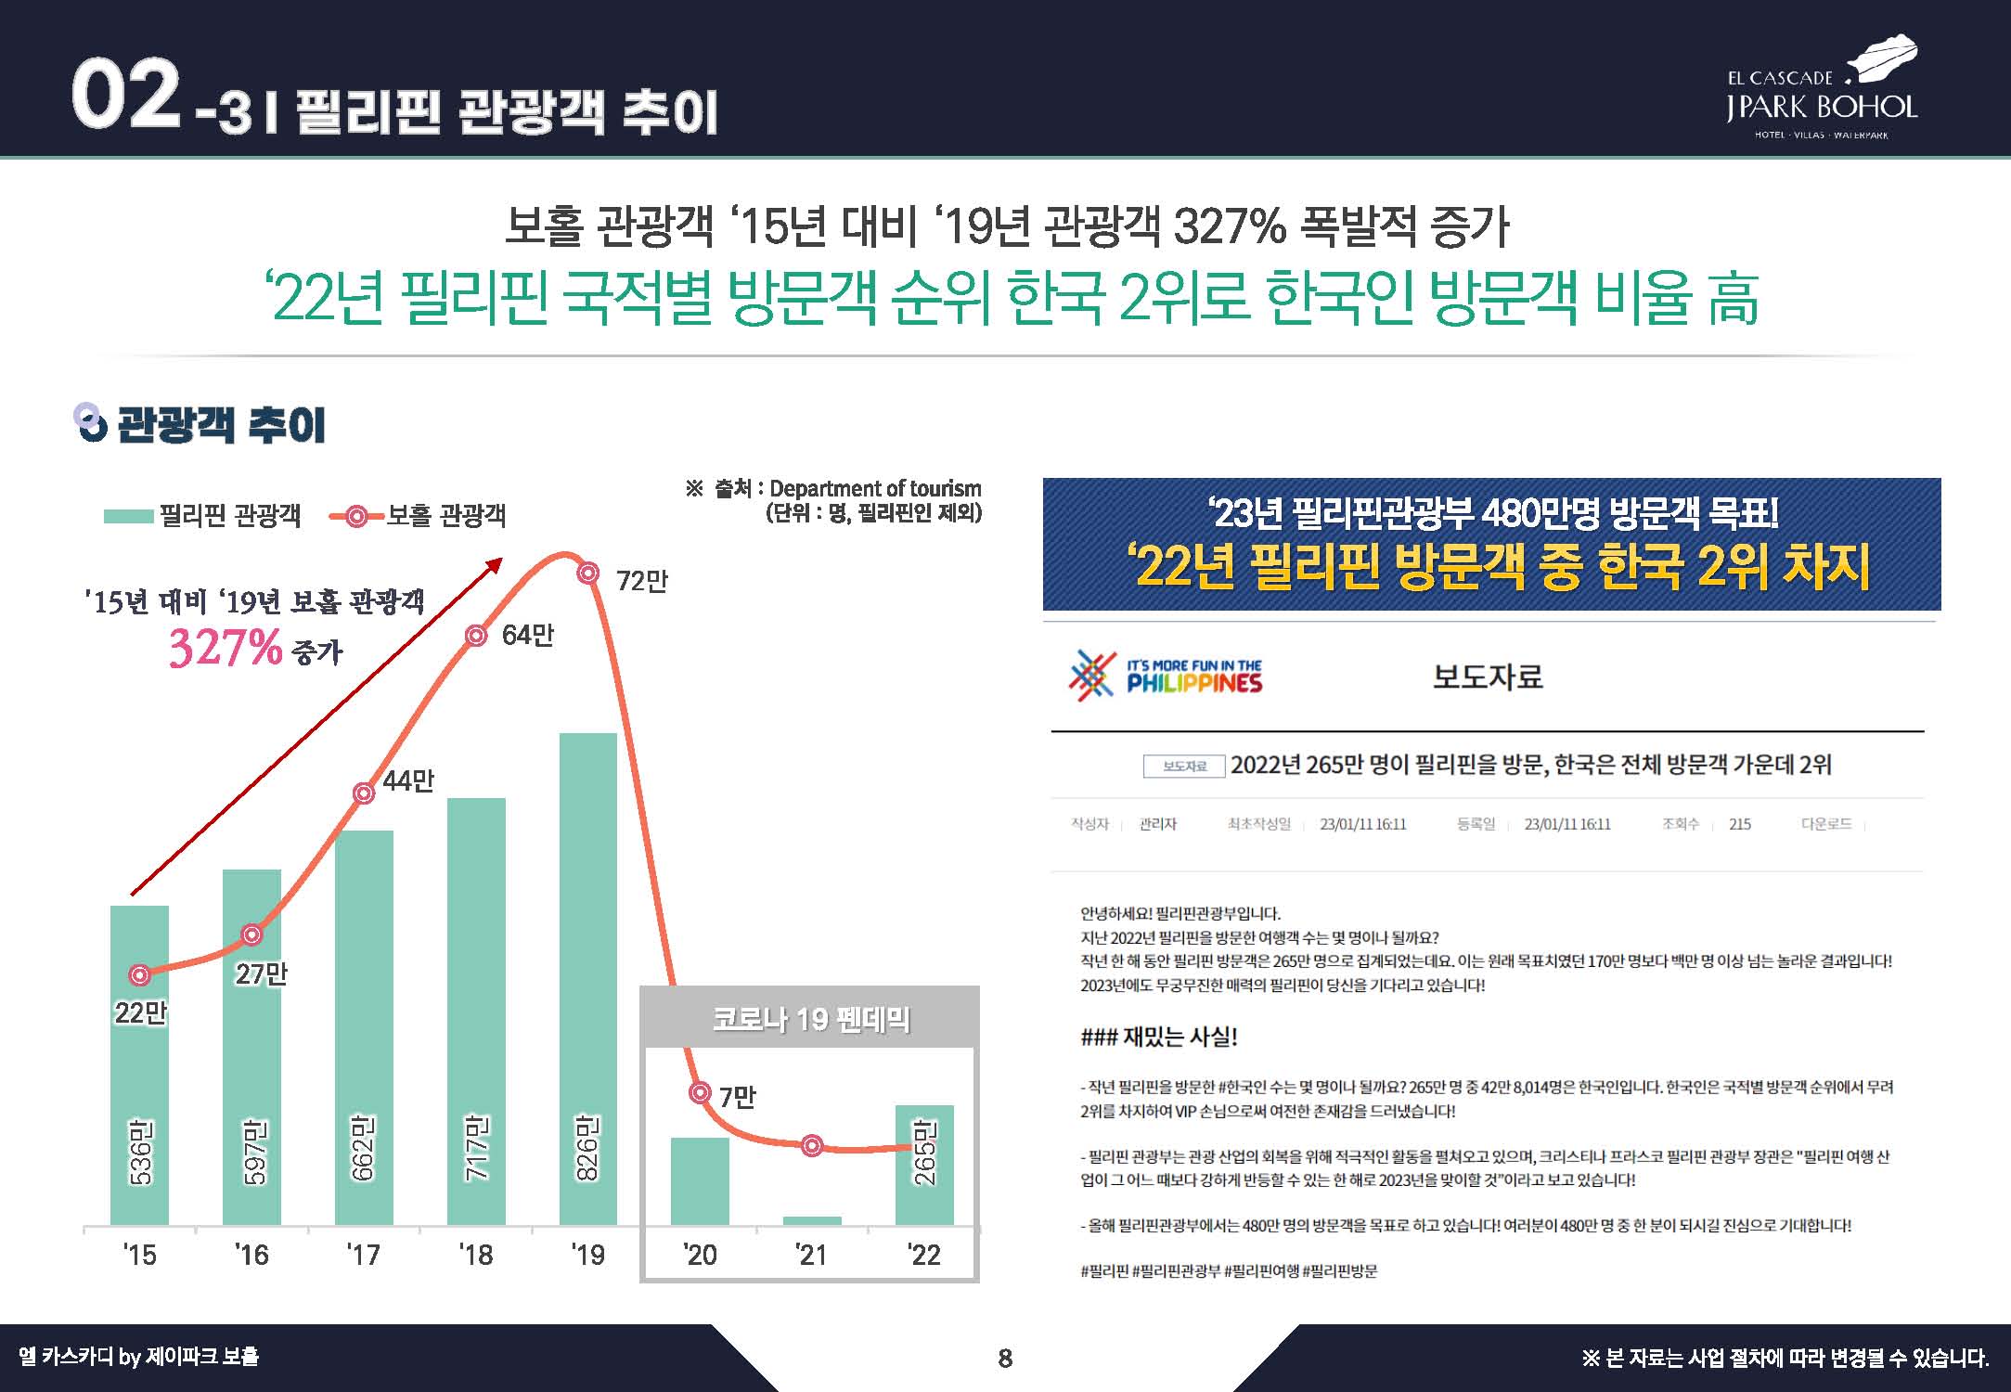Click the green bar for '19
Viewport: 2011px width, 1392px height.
tap(587, 974)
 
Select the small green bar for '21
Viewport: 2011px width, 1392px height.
tap(812, 1220)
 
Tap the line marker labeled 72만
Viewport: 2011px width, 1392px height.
tap(587, 574)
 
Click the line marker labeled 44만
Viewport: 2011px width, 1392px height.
tap(365, 793)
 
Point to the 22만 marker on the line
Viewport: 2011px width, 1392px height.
tap(139, 975)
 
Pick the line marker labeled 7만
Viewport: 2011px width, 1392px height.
tap(701, 1093)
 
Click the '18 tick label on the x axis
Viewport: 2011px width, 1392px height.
tap(476, 1256)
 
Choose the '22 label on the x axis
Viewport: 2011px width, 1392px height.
tap(924, 1256)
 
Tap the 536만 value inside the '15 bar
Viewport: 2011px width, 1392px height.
tap(140, 1152)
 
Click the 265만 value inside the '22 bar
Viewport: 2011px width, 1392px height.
tap(924, 1152)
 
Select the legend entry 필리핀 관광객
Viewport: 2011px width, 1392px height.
tap(202, 516)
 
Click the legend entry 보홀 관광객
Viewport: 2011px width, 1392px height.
tap(419, 516)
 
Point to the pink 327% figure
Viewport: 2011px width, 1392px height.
tap(226, 647)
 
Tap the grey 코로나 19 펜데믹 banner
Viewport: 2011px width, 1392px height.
tap(810, 1019)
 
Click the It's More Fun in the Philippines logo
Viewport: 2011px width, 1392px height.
tap(1167, 676)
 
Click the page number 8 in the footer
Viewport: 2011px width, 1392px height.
tap(1005, 1360)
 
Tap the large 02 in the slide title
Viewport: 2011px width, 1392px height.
tap(125, 95)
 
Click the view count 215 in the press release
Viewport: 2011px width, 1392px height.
tap(1739, 824)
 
